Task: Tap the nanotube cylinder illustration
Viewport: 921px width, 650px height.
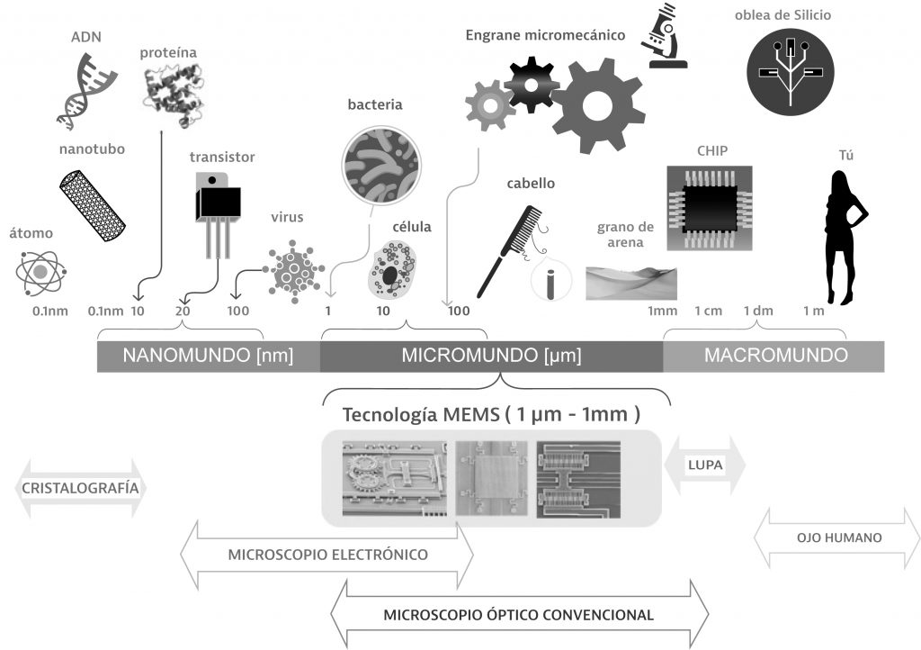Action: pos(92,202)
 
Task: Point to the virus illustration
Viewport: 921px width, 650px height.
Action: pos(293,267)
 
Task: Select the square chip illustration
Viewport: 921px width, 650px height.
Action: pos(709,206)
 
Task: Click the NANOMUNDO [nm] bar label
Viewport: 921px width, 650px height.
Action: pos(209,356)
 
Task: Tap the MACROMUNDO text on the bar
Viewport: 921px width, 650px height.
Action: pos(775,356)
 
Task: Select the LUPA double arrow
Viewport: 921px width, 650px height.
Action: pos(704,465)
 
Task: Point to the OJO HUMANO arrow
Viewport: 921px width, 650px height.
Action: pos(838,538)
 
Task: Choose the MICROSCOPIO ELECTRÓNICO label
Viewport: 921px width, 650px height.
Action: pos(328,554)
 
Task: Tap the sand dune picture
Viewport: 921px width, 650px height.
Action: pos(630,281)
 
